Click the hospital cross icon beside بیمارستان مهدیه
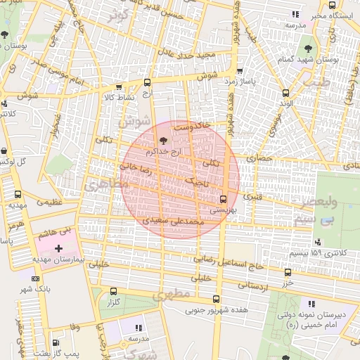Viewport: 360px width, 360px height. [58, 248]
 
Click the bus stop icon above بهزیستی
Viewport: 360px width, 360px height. [224, 198]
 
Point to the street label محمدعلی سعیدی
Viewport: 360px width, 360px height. [174, 221]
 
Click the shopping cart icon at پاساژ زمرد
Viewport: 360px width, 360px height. [240, 70]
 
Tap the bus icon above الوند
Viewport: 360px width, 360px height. [285, 93]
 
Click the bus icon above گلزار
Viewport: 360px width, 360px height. [113, 291]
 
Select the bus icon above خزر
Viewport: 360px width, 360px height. [287, 273]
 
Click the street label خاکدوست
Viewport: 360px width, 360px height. [192, 127]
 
